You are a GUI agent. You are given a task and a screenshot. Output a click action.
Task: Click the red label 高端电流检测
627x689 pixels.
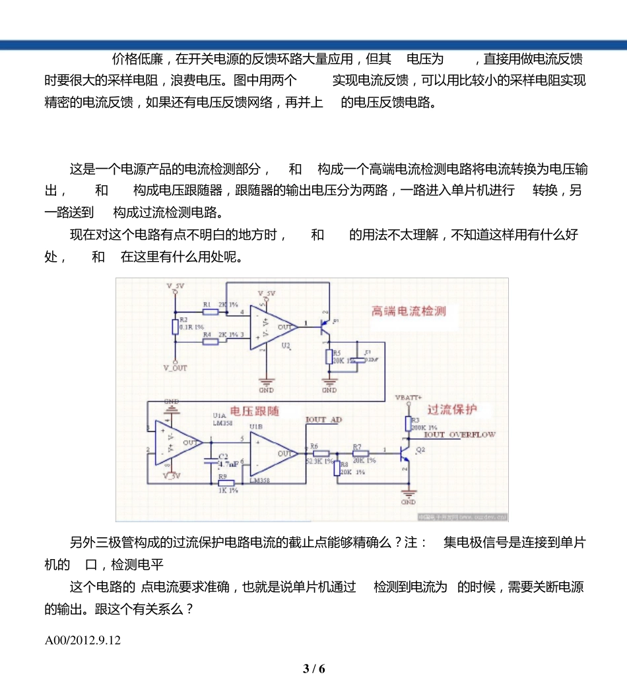409,311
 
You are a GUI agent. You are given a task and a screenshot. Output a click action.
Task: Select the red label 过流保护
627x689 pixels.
452,409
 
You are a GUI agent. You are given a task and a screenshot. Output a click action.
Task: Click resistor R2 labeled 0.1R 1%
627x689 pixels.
175,326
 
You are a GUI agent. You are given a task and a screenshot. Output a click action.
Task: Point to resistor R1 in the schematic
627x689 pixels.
211,311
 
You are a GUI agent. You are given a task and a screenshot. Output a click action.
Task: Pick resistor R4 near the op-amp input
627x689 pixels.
211,342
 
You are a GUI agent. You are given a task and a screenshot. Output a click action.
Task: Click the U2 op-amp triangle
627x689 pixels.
273,326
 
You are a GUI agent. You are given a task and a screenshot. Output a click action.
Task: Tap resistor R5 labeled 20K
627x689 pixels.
329,357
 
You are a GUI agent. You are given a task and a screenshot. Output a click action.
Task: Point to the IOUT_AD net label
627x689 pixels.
324,420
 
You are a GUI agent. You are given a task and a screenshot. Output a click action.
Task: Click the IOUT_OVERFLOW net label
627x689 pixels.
459,435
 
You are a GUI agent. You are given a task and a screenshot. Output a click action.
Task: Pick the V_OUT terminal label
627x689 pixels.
176,368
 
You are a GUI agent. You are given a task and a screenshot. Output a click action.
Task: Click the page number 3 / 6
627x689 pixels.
314,669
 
